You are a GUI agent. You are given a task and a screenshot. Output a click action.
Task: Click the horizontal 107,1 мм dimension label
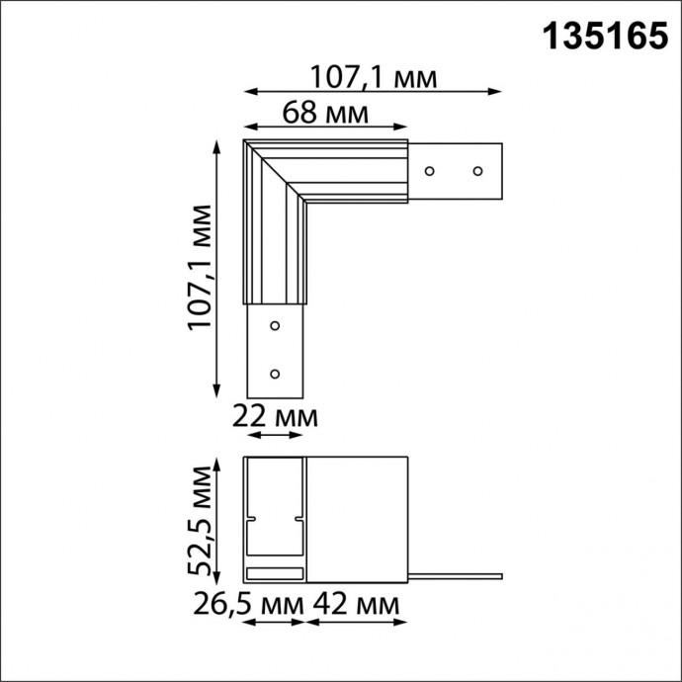click(373, 75)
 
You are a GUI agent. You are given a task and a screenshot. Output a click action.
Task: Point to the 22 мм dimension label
click(275, 417)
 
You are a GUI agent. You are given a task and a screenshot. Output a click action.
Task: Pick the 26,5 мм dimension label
click(246, 602)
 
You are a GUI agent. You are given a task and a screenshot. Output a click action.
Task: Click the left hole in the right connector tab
click(430, 171)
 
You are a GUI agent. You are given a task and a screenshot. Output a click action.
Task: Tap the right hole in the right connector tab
click(476, 171)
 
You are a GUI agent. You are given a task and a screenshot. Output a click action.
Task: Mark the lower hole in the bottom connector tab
click(275, 374)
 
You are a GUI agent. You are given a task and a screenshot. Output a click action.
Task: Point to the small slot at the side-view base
click(275, 573)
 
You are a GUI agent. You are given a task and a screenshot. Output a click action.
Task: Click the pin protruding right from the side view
click(455, 574)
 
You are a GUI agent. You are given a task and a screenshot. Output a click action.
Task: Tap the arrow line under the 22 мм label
click(275, 436)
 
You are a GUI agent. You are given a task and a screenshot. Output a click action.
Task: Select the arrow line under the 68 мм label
click(326, 127)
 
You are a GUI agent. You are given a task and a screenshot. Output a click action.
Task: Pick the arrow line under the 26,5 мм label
click(275, 623)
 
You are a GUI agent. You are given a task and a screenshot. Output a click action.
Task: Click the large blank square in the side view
click(357, 519)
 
